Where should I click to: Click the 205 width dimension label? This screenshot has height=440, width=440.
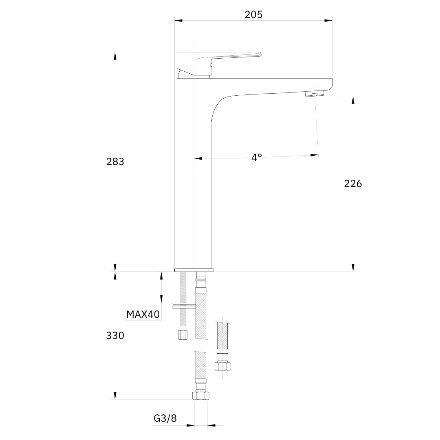253,15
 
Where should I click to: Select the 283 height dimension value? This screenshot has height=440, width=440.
115,162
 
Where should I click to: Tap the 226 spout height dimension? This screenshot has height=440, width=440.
353,183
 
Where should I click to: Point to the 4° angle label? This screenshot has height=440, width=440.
257,157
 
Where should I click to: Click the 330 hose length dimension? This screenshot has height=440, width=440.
115,335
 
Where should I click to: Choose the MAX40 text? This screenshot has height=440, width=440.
143,314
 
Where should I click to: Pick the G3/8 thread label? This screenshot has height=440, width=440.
165,418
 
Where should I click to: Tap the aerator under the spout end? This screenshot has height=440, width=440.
315,94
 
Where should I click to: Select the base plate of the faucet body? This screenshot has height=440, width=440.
194,270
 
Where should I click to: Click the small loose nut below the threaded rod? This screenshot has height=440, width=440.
183,335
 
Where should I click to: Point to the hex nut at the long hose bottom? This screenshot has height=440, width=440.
201,396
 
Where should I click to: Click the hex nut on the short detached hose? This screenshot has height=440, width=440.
222,366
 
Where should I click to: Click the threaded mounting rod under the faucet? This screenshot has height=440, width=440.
183,299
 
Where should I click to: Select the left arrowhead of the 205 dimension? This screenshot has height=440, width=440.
178,20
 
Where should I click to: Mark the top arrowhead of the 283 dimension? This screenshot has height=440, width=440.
115,56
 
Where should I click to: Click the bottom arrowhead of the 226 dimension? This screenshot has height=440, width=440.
353,268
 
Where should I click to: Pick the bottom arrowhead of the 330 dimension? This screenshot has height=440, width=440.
115,395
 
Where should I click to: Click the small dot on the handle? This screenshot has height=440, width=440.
211,65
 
